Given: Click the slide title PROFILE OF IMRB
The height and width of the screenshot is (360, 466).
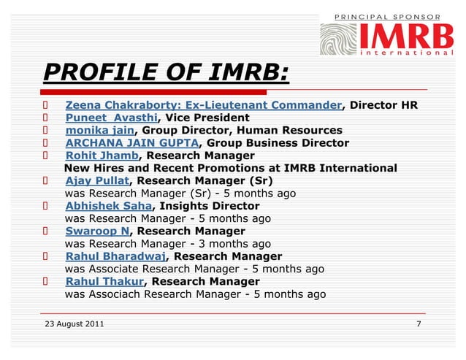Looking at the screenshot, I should point(166,74).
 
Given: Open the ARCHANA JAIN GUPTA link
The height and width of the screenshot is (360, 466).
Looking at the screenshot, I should point(131,142).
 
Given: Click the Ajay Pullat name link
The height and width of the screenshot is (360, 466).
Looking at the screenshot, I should point(96,180).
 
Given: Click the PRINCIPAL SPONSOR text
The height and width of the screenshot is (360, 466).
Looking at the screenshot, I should point(387,15).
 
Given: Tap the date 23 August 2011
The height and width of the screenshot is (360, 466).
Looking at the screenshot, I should point(75,323).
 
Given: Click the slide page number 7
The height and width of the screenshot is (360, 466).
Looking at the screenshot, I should point(418,323).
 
